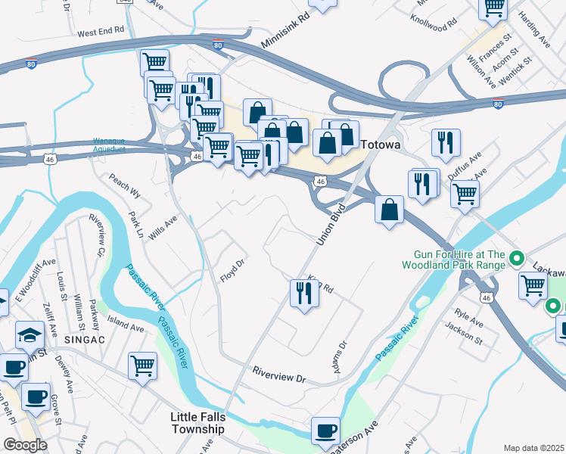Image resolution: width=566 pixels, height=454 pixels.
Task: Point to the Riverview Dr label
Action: click(279, 374)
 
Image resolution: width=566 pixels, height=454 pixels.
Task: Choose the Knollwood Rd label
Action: click(434, 20)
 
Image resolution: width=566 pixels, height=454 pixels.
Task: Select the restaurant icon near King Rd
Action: click(303, 294)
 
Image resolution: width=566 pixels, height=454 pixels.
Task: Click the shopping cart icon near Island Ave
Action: click(141, 366)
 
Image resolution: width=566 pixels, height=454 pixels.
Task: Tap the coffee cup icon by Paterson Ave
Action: click(325, 431)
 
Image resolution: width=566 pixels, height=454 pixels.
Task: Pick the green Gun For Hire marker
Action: click(518, 260)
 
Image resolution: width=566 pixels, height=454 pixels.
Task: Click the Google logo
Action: click(26, 444)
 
